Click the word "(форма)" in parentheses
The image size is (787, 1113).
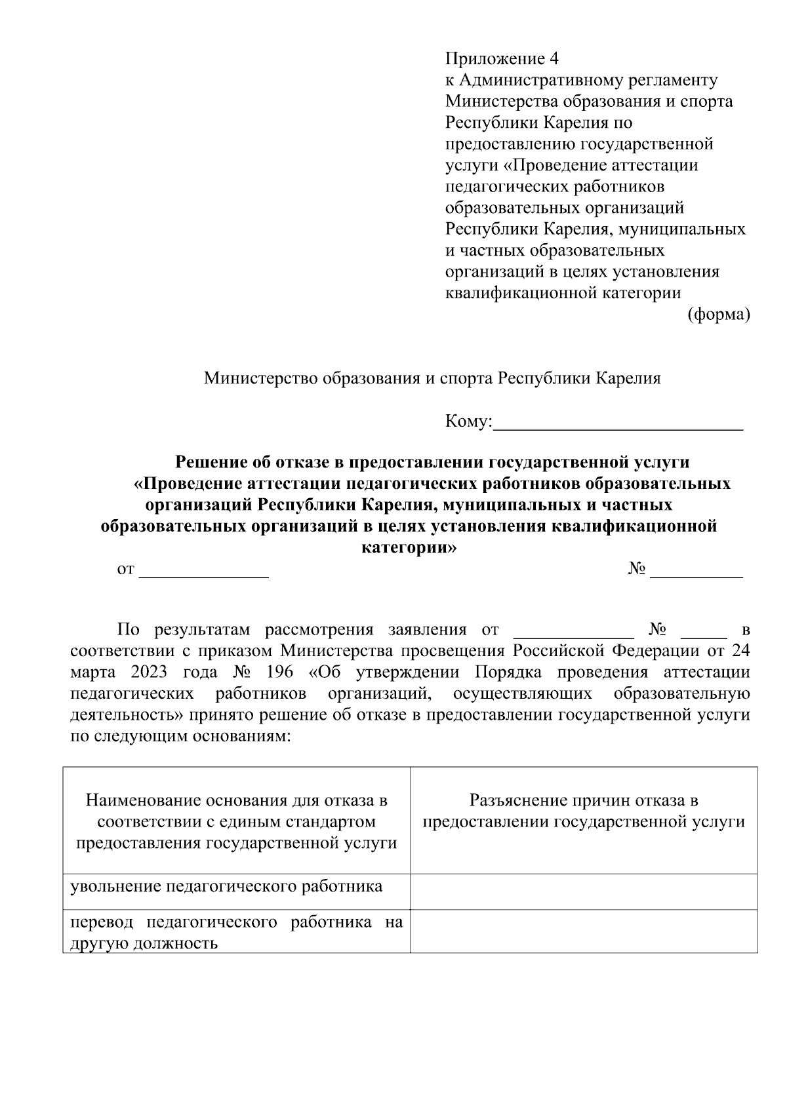(718, 315)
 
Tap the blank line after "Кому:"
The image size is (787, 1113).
(618, 423)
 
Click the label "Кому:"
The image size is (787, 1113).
(468, 421)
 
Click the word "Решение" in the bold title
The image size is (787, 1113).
(208, 462)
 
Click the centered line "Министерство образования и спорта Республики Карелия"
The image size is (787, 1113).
(432, 378)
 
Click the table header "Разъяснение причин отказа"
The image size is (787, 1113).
(584, 800)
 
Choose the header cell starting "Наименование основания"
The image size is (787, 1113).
(237, 821)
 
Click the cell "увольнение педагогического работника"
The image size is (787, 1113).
(227, 887)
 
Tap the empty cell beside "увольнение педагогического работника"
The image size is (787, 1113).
(584, 891)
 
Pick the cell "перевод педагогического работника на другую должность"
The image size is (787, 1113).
(236, 933)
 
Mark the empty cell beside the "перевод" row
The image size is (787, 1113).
(584, 931)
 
